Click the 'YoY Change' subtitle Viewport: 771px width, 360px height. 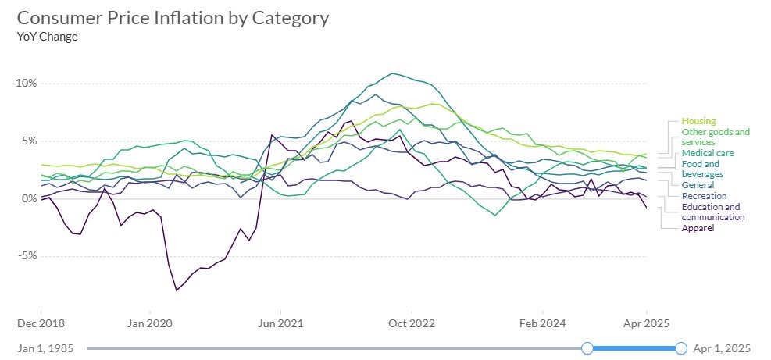click(47, 36)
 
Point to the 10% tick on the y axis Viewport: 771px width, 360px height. click(27, 84)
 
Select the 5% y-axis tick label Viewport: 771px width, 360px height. click(30, 141)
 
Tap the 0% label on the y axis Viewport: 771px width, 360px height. click(30, 199)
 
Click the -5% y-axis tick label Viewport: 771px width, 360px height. click(28, 256)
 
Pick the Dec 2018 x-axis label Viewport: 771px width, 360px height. click(40, 321)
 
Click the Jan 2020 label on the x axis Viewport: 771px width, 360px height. click(148, 321)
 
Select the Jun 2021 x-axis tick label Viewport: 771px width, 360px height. click(280, 321)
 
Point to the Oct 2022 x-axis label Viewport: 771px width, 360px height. click(412, 321)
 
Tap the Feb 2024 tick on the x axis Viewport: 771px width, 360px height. click(542, 321)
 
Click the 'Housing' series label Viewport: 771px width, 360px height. click(699, 121)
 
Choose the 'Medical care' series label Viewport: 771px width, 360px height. click(708, 153)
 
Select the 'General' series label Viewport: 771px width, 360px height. click(698, 185)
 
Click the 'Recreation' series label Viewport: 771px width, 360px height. click(704, 196)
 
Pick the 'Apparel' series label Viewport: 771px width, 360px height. click(698, 228)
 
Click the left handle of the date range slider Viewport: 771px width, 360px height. click(588, 348)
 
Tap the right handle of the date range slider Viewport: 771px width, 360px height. click(681, 348)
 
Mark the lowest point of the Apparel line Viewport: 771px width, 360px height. click(177, 290)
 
